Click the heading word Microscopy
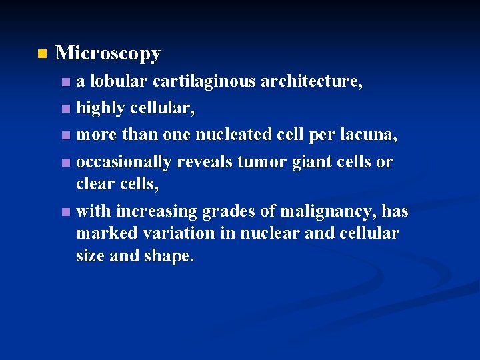click(x=108, y=53)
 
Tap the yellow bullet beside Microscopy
click(x=43, y=53)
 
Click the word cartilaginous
click(x=204, y=81)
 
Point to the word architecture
click(x=311, y=81)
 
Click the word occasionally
click(x=124, y=162)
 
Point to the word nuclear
click(x=282, y=233)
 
